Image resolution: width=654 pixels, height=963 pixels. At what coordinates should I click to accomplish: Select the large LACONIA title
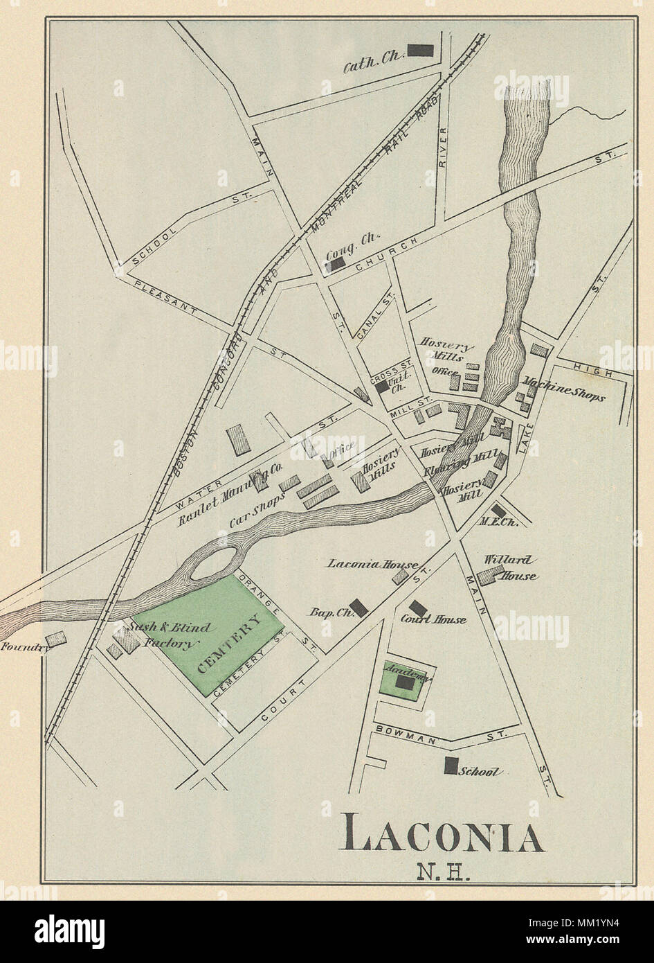pos(444,836)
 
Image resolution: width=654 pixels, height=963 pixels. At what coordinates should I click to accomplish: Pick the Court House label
pos(433,619)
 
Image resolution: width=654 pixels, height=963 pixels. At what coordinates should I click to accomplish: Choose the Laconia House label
pos(363,564)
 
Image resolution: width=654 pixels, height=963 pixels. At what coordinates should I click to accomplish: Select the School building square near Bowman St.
pos(451,766)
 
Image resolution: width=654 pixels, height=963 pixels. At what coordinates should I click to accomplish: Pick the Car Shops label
pos(256,509)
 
